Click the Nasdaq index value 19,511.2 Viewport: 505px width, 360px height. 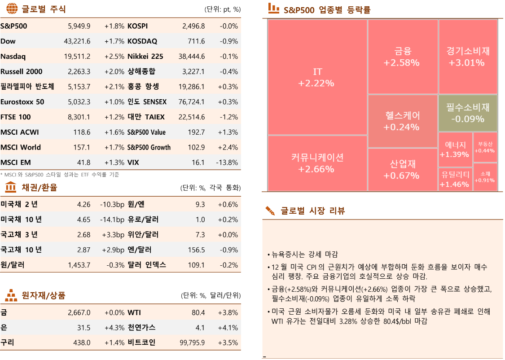[77, 57]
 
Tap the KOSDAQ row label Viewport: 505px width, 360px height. [142, 41]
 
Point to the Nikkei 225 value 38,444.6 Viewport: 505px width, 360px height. [192, 57]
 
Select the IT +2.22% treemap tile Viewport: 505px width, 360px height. [317, 77]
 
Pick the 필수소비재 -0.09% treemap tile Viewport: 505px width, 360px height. [468, 113]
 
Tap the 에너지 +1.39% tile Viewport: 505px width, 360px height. [455, 149]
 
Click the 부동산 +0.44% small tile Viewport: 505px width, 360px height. [485, 147]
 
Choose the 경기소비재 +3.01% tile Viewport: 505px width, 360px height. [468, 57]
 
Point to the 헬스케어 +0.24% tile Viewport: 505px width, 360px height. [402, 121]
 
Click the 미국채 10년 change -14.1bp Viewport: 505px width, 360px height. [112, 220]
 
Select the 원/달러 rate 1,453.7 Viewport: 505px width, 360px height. [79, 265]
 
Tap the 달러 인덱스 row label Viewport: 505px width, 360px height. [147, 265]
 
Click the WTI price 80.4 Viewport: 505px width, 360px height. [198, 312]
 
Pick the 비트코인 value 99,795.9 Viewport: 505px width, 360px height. [192, 342]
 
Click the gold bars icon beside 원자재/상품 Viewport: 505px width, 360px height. [11, 295]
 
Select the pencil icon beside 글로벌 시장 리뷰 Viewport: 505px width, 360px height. [270, 211]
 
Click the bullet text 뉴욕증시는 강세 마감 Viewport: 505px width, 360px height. [304, 254]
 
